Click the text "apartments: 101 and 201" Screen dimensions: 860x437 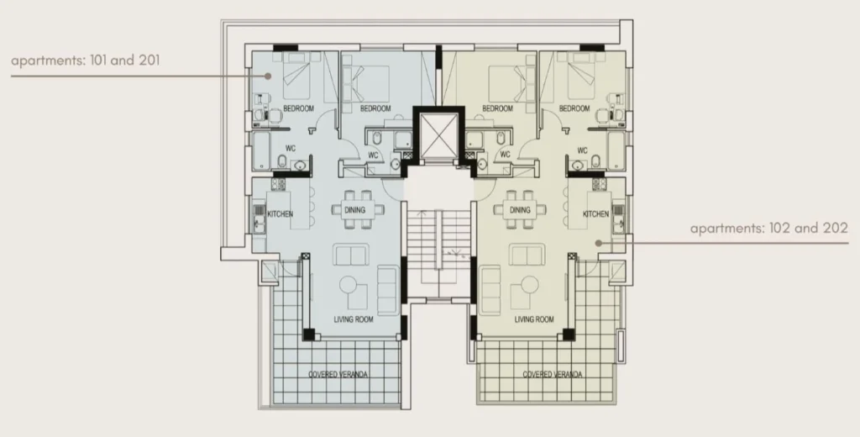coord(86,61)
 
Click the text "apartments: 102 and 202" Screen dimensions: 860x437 coord(769,228)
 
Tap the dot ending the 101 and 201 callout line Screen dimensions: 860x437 coord(268,76)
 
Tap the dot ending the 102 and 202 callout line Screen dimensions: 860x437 coord(599,242)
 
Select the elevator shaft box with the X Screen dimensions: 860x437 coord(438,134)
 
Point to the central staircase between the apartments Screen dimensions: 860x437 coord(438,254)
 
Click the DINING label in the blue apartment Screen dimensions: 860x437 coord(355,210)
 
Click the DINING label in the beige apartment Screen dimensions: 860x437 coord(520,210)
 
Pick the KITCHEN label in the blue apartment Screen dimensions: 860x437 coord(280,213)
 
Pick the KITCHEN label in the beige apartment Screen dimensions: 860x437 coord(595,213)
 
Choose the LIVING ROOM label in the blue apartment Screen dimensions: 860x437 coord(354,319)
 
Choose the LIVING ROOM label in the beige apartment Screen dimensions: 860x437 coord(534,319)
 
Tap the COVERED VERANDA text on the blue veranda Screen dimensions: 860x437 coord(338,375)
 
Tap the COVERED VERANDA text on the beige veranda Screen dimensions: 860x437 coord(553,375)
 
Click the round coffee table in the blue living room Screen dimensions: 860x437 coord(349,285)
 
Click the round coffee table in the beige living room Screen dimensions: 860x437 coord(529,285)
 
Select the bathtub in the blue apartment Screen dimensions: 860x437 coord(261,150)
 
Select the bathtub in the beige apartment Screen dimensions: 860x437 coord(616,150)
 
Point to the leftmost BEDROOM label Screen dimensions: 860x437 coord(298,108)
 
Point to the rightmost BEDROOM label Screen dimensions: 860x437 coord(574,108)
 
